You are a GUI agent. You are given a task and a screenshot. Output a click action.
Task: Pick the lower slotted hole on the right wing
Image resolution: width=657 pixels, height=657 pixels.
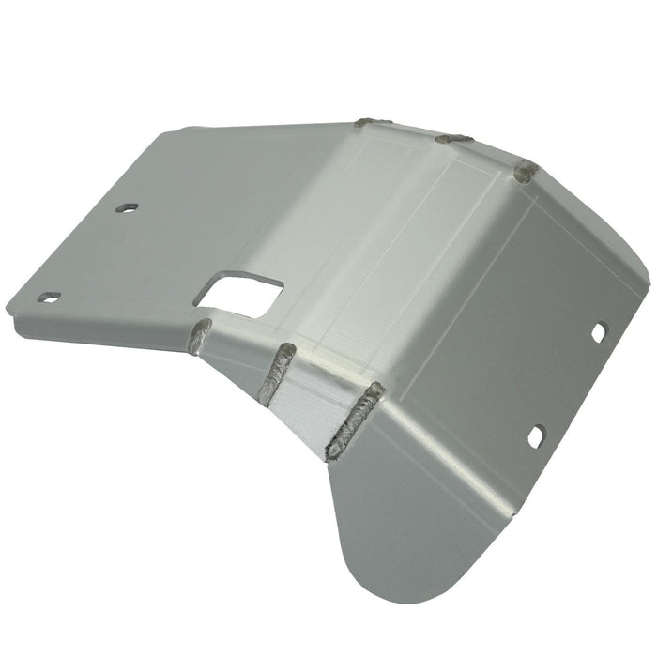pos(536,436)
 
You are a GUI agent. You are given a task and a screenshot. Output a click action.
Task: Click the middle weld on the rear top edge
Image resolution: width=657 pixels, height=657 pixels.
pos(453,138)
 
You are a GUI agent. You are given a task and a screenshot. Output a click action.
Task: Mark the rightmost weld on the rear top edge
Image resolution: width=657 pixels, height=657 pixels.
pos(527,173)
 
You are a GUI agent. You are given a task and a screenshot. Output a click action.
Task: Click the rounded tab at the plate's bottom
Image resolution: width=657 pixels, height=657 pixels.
pos(394,573)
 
